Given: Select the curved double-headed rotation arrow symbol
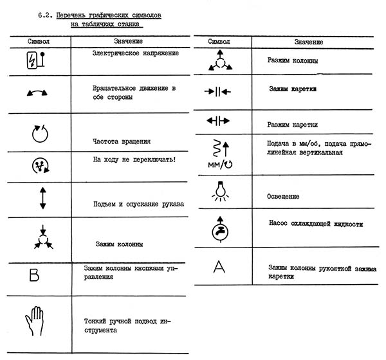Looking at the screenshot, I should click(x=36, y=93).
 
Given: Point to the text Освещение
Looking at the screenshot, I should click(x=283, y=196).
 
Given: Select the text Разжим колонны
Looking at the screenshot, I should click(x=289, y=61).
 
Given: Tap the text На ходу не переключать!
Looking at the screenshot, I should click(x=134, y=158).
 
